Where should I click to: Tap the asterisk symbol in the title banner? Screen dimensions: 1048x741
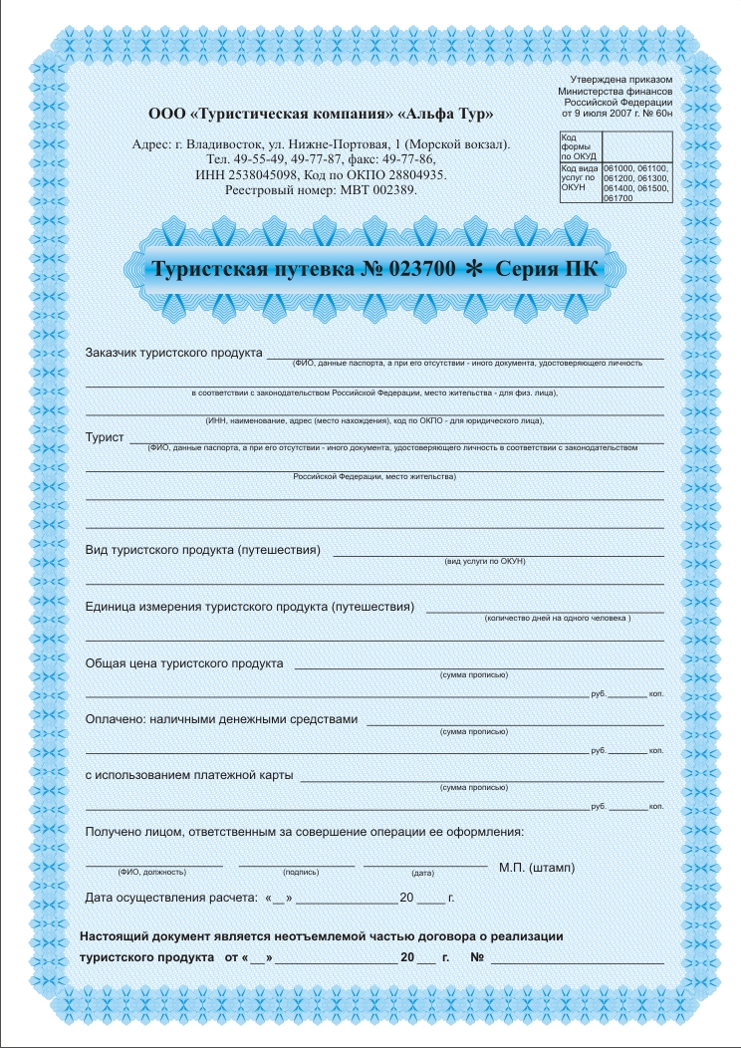tap(474, 269)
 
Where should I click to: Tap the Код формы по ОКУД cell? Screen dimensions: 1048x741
tap(579, 147)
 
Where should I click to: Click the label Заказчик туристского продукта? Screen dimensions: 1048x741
tap(174, 353)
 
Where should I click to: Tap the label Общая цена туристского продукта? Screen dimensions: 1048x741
tap(184, 662)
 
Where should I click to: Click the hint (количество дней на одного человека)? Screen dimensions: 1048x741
tap(558, 619)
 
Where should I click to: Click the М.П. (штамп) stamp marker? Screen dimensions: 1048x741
tap(536, 867)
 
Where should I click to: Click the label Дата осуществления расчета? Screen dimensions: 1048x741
tap(171, 899)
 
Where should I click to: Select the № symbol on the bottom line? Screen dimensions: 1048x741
tap(476, 958)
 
